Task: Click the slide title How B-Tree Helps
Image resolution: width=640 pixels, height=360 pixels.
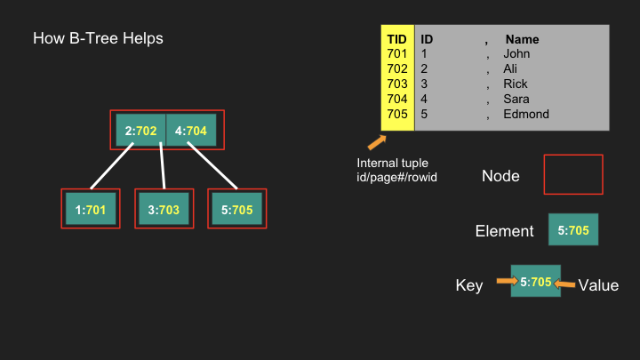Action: coord(98,38)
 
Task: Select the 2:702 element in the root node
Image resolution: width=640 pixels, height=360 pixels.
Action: coord(140,130)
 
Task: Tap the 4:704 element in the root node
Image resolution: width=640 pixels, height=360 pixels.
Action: coord(191,130)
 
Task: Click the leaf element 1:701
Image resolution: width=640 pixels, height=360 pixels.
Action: coord(91,209)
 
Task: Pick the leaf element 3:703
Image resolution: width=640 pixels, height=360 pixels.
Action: coord(164,209)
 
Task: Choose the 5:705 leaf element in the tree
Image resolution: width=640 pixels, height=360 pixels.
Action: coord(237,209)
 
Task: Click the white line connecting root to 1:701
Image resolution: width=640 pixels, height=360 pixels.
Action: coord(112,166)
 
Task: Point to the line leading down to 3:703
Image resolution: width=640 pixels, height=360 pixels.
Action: coord(163,165)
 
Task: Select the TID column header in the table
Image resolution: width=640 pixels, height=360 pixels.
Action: coord(396,39)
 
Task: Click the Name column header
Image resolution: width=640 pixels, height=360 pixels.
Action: coord(522,39)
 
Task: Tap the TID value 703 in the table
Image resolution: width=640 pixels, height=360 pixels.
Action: coord(397,84)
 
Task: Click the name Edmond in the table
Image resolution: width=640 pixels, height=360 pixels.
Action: coord(525,114)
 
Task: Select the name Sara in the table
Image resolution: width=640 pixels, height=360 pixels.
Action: coord(516,99)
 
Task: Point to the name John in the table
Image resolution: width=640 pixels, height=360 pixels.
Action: coord(516,53)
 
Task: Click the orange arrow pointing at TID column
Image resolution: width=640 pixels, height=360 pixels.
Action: coord(377,142)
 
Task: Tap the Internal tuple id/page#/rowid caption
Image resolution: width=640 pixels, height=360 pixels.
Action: coord(396,170)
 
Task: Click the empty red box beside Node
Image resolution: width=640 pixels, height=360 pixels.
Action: coord(573,155)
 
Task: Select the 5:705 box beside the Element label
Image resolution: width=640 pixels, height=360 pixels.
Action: coord(573,229)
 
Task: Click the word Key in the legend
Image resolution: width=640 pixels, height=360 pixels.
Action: coord(469,285)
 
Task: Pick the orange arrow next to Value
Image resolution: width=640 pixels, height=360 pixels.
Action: coord(564,284)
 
